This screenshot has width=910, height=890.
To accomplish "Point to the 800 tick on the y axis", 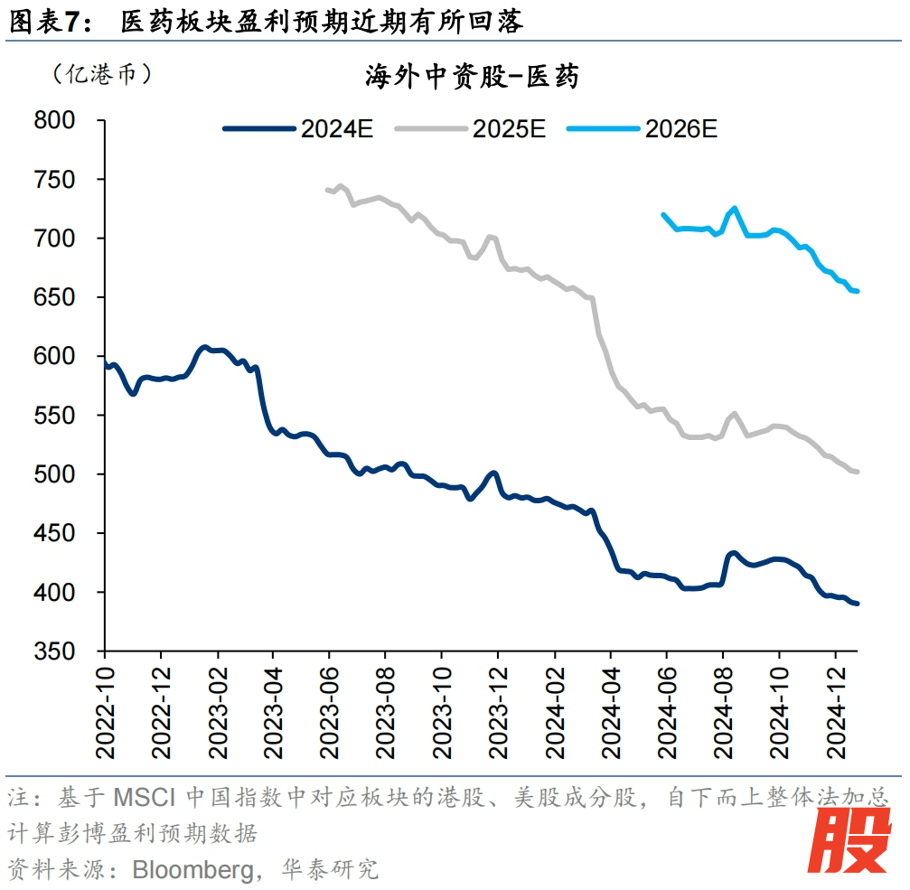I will click(x=69, y=120).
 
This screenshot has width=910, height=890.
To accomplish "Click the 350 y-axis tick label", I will click(x=69, y=651).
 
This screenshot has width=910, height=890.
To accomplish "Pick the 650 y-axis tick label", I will click(x=69, y=297).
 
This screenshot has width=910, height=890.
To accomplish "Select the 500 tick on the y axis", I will click(x=69, y=474).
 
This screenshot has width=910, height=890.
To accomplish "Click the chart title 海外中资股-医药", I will click(x=471, y=77).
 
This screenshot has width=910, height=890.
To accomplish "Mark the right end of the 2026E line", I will click(x=857, y=291).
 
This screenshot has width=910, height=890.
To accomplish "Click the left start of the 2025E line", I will click(x=326, y=190).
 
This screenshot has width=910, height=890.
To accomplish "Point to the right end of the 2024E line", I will click(x=857, y=604).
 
